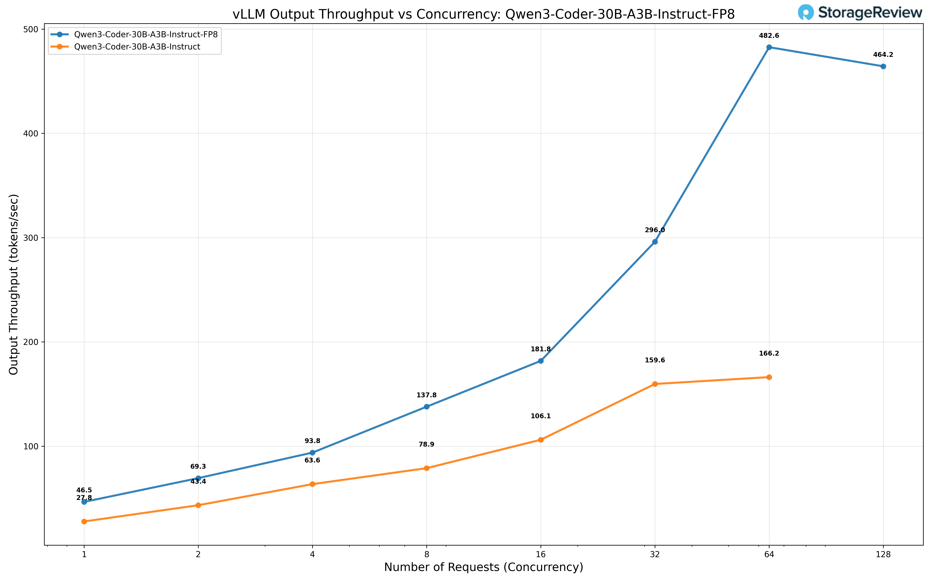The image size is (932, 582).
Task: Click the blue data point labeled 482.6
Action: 769,47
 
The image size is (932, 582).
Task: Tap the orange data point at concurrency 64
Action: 769,377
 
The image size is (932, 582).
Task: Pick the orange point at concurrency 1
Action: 84,521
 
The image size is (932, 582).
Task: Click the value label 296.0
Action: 655,230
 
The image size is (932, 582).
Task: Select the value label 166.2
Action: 769,353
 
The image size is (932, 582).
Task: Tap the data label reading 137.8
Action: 426,395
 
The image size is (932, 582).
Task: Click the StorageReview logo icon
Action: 806,12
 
